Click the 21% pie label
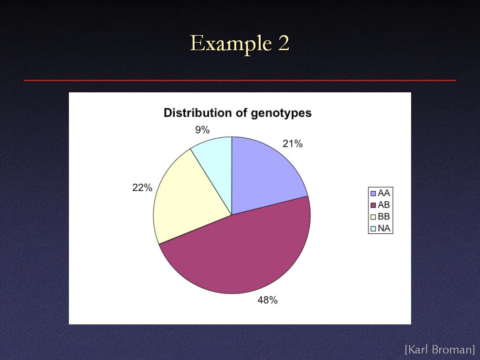(292, 143)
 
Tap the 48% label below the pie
(267, 300)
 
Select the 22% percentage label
(142, 187)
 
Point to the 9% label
(202, 130)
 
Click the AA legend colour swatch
(373, 194)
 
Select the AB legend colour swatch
(373, 205)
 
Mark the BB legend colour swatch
(373, 217)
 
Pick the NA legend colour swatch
(373, 229)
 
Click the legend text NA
(384, 228)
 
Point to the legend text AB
(384, 205)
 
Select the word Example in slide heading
(231, 44)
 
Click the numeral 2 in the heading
(284, 43)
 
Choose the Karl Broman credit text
(440, 349)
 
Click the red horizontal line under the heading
(240, 81)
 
